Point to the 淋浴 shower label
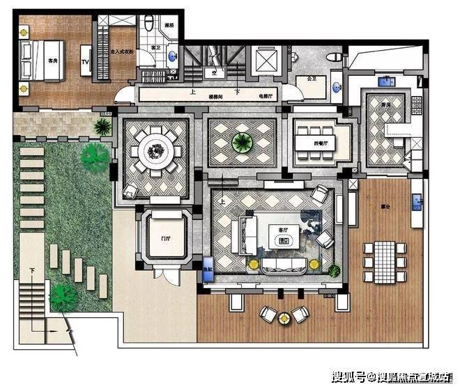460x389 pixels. click(x=169, y=26)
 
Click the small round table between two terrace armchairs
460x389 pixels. click(x=284, y=318)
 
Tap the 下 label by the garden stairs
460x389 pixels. click(x=32, y=269)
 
